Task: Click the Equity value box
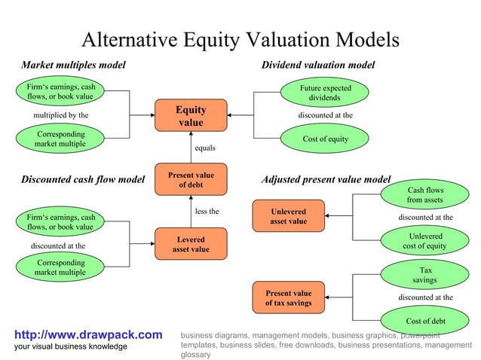point(191,115)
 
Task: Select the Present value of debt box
point(191,180)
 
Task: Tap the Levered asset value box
point(191,244)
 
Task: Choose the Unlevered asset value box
point(289,215)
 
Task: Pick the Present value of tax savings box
point(289,297)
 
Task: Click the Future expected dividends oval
point(325,93)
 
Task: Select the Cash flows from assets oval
point(425,195)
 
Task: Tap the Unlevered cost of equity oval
point(425,241)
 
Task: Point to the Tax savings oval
point(425,274)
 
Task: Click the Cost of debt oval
point(425,321)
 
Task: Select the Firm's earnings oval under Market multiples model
point(60,92)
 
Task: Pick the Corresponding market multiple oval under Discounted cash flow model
point(60,267)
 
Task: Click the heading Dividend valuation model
point(317,66)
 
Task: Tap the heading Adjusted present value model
point(325,180)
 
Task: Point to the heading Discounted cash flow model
point(82,179)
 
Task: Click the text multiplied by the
point(60,115)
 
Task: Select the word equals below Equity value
point(204,148)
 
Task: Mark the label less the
point(207,212)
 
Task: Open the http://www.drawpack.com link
point(88,334)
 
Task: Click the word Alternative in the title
point(131,40)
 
